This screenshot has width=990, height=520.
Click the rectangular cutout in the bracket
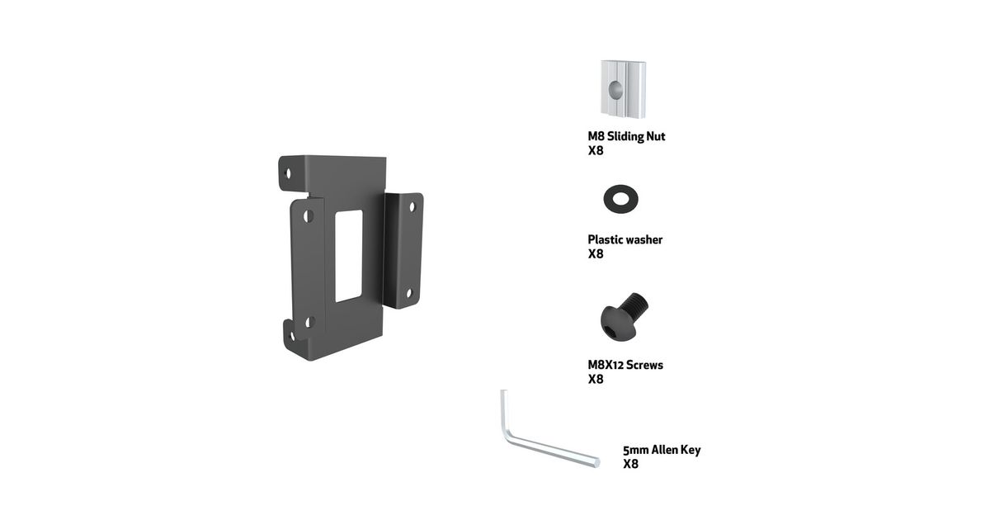[x=349, y=256]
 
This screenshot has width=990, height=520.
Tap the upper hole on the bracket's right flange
[x=412, y=206]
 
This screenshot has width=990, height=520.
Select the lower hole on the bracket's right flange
[x=409, y=293]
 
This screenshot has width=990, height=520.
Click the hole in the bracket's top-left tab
[x=289, y=173]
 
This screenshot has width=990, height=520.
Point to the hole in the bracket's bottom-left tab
[x=292, y=336]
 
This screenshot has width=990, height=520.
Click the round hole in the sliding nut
[x=615, y=89]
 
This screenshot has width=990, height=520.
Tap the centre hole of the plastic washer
[x=620, y=199]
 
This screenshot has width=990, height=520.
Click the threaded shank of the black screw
[x=634, y=305]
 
